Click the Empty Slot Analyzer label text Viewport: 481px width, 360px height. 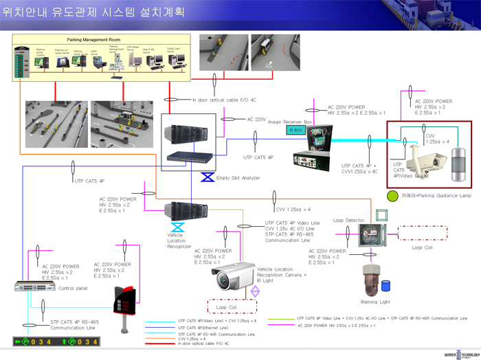[238, 178]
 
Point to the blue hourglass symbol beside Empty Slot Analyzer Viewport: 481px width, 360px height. [207, 178]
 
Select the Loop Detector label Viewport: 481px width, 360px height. [348, 221]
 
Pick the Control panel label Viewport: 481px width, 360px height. [73, 288]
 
